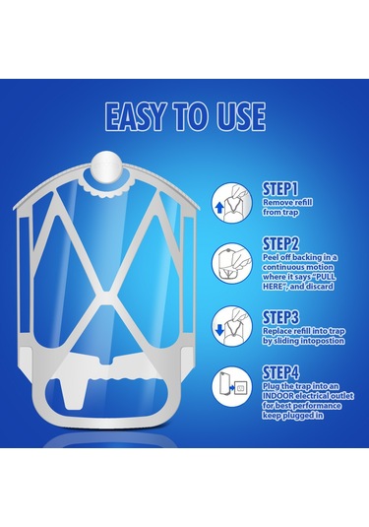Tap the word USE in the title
click(x=241, y=116)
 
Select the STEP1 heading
click(x=280, y=189)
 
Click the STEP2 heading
click(x=280, y=244)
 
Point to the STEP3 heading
click(x=280, y=317)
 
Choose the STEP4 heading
click(x=280, y=372)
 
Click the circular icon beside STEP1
click(x=232, y=203)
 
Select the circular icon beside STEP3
click(x=232, y=326)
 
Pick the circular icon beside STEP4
click(x=232, y=387)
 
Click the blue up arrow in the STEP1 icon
click(x=218, y=208)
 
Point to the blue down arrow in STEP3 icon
click(x=219, y=330)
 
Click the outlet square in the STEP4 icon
click(x=241, y=388)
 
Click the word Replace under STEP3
click(x=277, y=331)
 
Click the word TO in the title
click(x=192, y=116)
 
